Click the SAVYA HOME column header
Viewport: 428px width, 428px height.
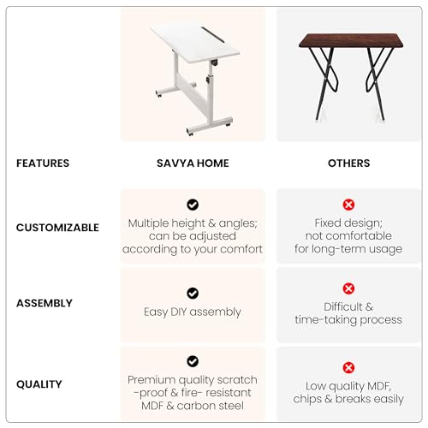coord(192,163)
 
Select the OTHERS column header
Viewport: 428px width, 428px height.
coord(348,163)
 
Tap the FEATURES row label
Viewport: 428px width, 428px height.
coord(43,163)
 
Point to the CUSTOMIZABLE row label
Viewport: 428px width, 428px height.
coord(57,228)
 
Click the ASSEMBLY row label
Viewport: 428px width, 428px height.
coord(45,303)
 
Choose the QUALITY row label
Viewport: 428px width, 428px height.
coord(39,384)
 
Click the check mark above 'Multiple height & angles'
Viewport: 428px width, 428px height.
coord(193,205)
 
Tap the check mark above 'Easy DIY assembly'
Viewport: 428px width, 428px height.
coord(193,293)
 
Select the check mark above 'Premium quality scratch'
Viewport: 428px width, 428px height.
coord(193,361)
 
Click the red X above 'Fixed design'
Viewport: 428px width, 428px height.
coord(348,205)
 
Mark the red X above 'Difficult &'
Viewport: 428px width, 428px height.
coord(348,288)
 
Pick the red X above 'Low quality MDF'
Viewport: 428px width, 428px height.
coord(348,368)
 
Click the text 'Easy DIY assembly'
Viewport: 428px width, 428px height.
coord(193,312)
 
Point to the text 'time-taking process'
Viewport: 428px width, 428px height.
coord(348,319)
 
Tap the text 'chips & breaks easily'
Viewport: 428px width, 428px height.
coord(348,399)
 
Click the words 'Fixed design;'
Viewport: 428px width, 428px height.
coord(348,223)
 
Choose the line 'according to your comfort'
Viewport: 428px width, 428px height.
coord(193,249)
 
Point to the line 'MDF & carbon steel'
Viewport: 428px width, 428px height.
coord(193,406)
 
